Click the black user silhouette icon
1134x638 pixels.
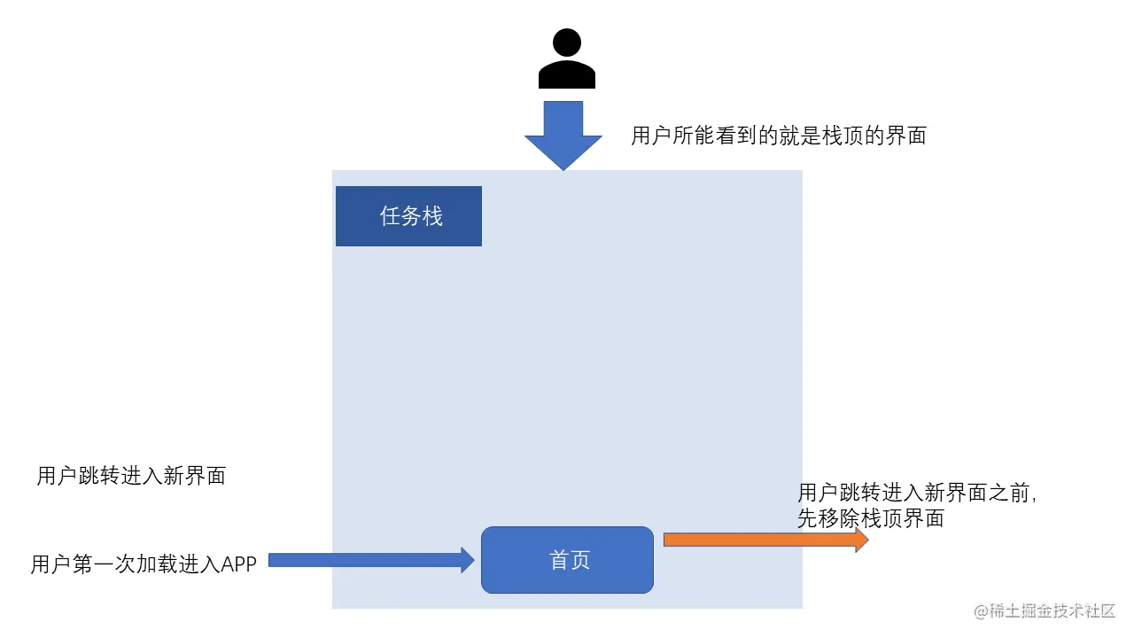566,58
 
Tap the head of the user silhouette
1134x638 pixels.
567,42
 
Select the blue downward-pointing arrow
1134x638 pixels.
563,133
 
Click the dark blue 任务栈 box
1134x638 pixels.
408,216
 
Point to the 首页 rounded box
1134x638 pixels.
567,560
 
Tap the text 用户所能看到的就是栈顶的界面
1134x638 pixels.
778,136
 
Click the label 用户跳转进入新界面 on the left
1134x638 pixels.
131,476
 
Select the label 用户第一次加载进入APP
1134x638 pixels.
144,564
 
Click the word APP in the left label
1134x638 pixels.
238,564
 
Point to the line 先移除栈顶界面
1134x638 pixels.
870,519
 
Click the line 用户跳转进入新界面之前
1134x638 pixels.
916,494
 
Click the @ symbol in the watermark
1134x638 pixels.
981,611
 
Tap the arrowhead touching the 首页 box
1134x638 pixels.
467,560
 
